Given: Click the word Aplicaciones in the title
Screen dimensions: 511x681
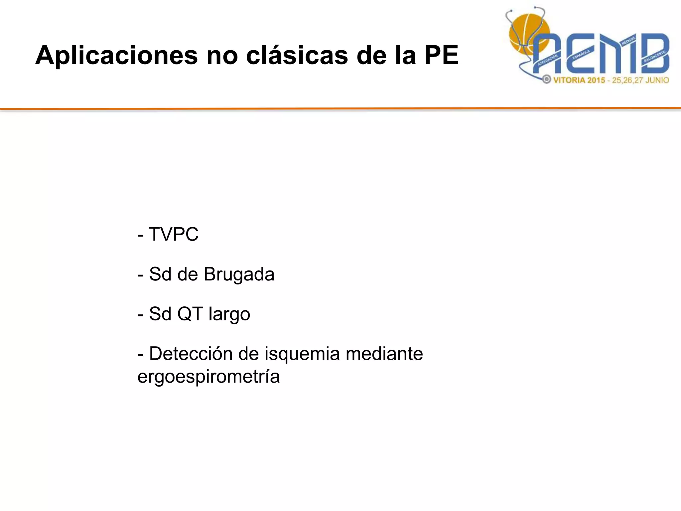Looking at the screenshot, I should click(116, 55).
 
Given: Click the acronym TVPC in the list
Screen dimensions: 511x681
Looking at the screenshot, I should click(173, 234).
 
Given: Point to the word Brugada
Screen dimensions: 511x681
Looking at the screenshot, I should click(239, 274).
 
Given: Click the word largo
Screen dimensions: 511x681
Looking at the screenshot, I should click(229, 314).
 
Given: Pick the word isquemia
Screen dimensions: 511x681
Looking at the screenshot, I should click(302, 354).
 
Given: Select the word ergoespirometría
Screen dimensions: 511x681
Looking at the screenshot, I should click(208, 377).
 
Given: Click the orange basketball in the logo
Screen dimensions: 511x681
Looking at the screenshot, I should click(525, 32).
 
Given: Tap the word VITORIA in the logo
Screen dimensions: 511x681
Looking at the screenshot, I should click(569, 80).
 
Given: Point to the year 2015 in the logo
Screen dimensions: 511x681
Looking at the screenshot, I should click(596, 80).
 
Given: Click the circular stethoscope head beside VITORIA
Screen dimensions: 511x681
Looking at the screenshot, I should click(546, 80).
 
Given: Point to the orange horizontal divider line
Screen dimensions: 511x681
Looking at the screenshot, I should click(340, 108).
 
